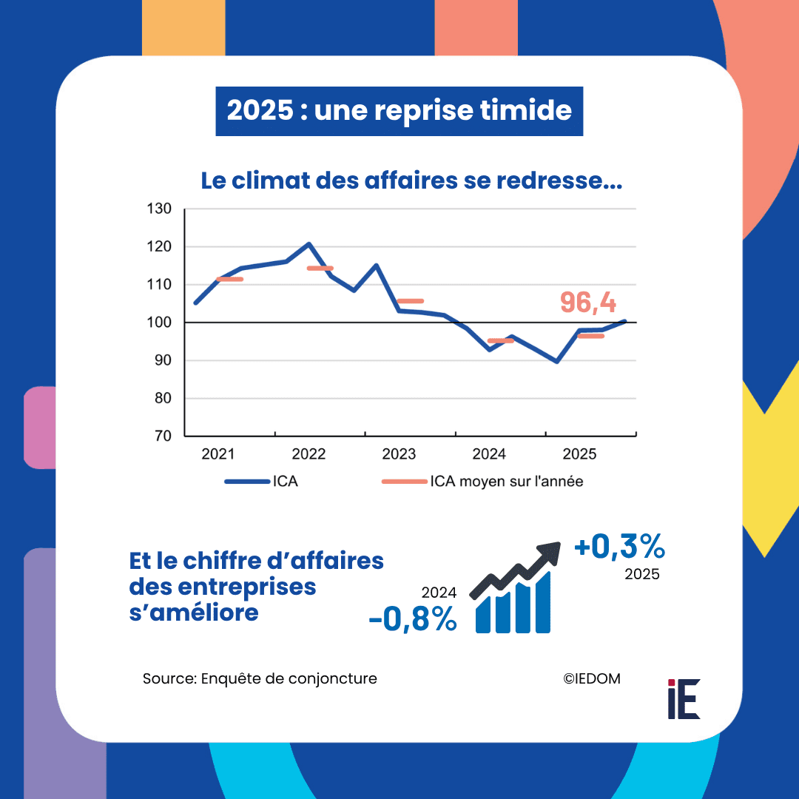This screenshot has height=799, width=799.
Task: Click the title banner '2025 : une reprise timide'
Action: pyautogui.click(x=399, y=111)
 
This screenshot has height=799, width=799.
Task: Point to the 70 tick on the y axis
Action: pyautogui.click(x=162, y=436)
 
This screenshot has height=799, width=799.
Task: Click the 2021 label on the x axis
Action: pyautogui.click(x=218, y=454)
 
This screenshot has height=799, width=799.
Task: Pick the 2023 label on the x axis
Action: pyautogui.click(x=399, y=454)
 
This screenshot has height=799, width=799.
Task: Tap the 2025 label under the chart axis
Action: pyautogui.click(x=580, y=454)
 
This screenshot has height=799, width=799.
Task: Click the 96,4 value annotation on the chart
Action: pyautogui.click(x=588, y=302)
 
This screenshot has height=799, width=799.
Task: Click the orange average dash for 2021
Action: pyautogui.click(x=229, y=279)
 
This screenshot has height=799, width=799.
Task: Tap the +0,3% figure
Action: pyautogui.click(x=620, y=547)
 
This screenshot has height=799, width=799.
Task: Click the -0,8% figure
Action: pyautogui.click(x=413, y=620)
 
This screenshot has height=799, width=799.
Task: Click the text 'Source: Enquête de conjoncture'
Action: pyautogui.click(x=260, y=678)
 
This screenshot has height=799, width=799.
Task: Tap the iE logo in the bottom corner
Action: pyautogui.click(x=683, y=698)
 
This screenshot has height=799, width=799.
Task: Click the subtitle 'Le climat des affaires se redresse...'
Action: pyautogui.click(x=411, y=181)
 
